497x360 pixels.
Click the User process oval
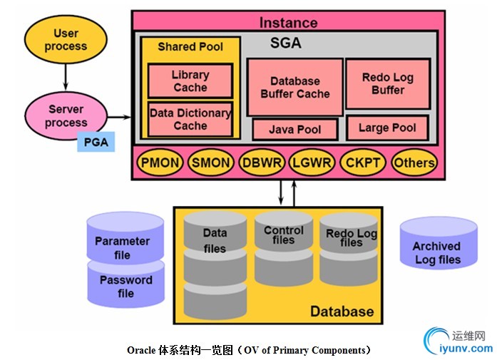click(66, 40)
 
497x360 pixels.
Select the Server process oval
click(66, 116)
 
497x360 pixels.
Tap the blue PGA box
click(96, 142)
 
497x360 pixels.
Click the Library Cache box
click(190, 81)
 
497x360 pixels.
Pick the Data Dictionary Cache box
click(190, 119)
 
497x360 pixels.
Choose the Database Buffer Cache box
click(294, 88)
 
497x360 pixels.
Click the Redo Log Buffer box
click(387, 84)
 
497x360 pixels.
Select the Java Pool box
click(294, 130)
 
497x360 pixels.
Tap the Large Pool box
click(387, 128)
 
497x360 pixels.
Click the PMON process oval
click(160, 163)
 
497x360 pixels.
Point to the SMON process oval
click(211, 163)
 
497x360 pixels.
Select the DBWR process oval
click(262, 163)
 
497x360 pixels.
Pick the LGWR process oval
click(312, 163)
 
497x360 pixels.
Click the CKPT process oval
click(362, 163)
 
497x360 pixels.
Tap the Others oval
click(414, 163)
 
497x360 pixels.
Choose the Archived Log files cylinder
click(437, 251)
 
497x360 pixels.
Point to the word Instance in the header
click(289, 23)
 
